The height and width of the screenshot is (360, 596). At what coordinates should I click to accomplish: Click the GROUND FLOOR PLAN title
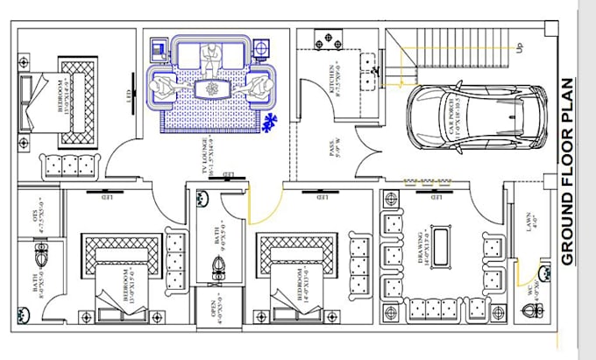pyautogui.click(x=567, y=172)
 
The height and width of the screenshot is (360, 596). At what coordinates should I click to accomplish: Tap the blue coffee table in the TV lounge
pyautogui.click(x=210, y=88)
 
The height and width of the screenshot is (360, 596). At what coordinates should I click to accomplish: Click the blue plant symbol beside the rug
pyautogui.click(x=269, y=124)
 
